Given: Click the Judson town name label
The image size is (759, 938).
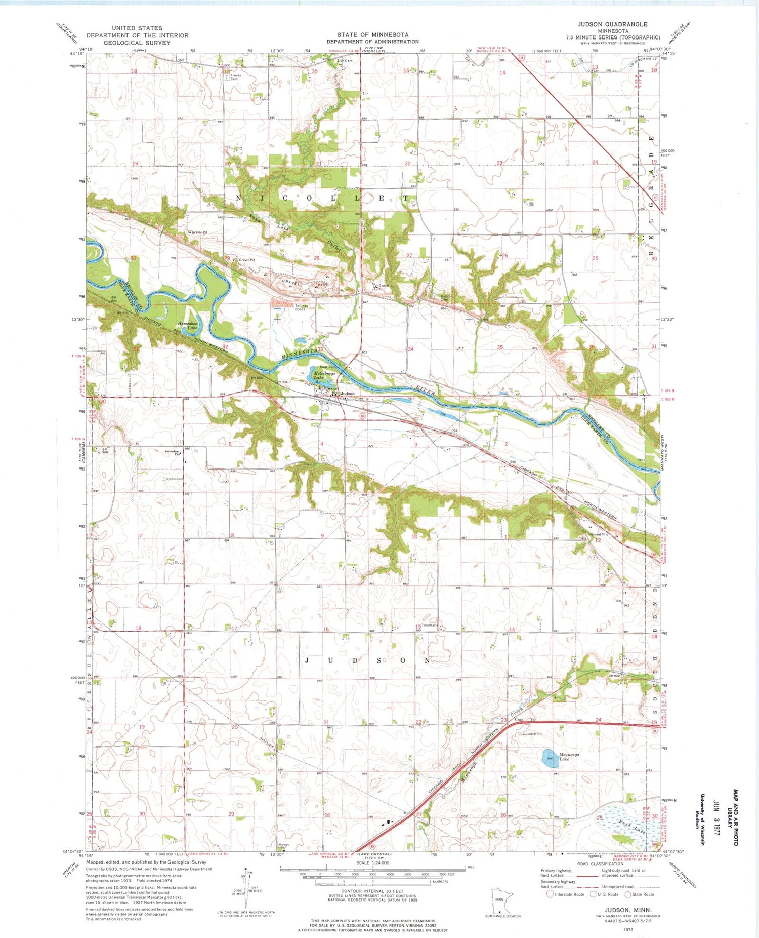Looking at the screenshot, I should pyautogui.click(x=347, y=393).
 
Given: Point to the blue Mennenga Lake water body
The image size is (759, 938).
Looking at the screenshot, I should pyautogui.click(x=550, y=758).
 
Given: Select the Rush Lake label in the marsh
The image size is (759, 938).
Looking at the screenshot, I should pyautogui.click(x=632, y=830).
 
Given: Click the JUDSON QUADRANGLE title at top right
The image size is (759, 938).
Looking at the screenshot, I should pyautogui.click(x=612, y=24).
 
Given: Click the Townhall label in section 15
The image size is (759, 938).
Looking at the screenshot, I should pyautogui.click(x=430, y=625).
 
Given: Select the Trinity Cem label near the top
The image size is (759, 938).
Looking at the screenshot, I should pyautogui.click(x=235, y=77).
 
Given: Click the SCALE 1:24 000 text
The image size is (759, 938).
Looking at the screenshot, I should pyautogui.click(x=372, y=862).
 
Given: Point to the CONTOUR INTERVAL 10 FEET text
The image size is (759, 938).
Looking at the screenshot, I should pyautogui.click(x=372, y=891).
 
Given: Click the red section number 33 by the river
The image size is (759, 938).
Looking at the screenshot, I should pyautogui.click(x=320, y=349).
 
